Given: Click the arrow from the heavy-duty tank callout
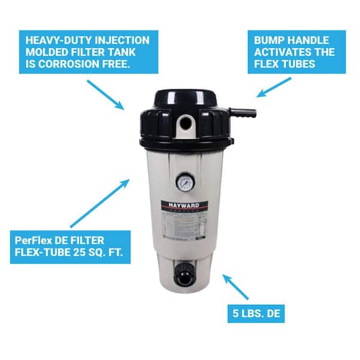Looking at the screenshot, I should pyautogui.click(x=105, y=94).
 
